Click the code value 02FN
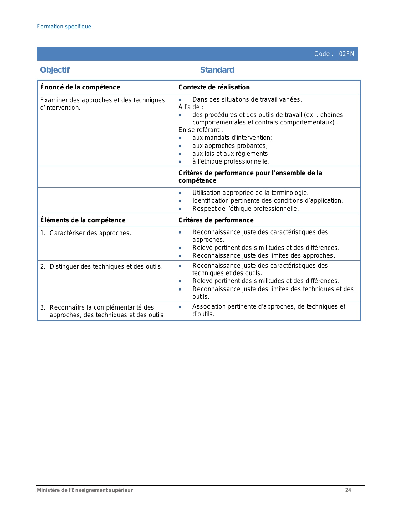(346, 54)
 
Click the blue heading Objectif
(55, 70)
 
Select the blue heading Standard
(217, 70)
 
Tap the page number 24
(348, 490)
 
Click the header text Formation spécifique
(64, 27)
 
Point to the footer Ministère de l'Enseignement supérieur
(85, 490)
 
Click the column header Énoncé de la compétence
(80, 87)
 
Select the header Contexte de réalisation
(214, 87)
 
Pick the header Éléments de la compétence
(83, 220)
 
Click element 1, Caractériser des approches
(90, 233)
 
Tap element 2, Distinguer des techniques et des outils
(106, 266)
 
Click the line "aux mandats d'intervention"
(232, 138)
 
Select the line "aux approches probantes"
(230, 146)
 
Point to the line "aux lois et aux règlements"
(231, 154)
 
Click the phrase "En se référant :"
(201, 130)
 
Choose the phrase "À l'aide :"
(191, 107)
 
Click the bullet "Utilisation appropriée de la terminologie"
(250, 193)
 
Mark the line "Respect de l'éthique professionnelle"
(245, 209)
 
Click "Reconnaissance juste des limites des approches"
(263, 255)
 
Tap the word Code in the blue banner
(322, 54)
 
